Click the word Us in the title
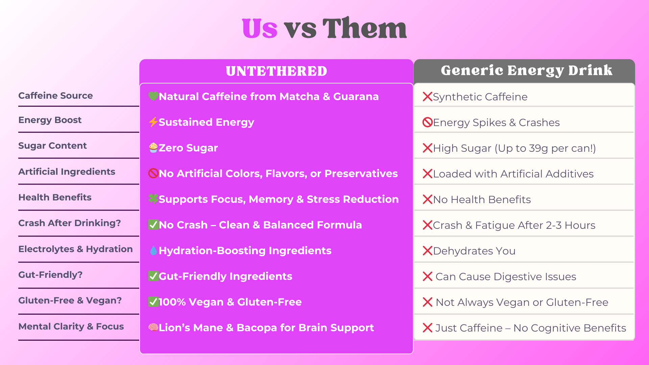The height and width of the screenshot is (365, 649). coord(260,28)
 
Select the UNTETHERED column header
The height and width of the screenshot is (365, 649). coord(277,71)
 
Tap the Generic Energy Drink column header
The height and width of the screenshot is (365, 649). coord(526,71)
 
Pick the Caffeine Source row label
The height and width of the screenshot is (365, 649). coord(55,96)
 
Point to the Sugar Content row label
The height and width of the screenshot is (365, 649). coord(52,146)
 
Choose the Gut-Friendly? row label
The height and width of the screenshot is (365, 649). coord(50,275)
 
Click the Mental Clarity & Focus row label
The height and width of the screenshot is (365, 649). coord(71,326)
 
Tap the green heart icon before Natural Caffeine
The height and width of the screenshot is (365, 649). coord(153,96)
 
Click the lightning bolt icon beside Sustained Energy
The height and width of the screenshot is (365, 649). coord(153,122)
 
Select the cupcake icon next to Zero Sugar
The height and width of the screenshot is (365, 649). coord(153,148)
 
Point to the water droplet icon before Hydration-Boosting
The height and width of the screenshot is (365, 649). coord(153,250)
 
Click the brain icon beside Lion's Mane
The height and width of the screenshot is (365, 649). coord(153,327)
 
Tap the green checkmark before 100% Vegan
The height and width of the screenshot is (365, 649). coord(153,302)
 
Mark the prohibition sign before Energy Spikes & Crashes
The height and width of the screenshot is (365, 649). coord(428,122)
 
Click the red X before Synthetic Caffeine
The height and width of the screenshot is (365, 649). coord(428,97)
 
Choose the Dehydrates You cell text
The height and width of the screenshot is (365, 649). coord(474,251)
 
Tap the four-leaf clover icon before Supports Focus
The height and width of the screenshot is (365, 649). coord(153,199)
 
